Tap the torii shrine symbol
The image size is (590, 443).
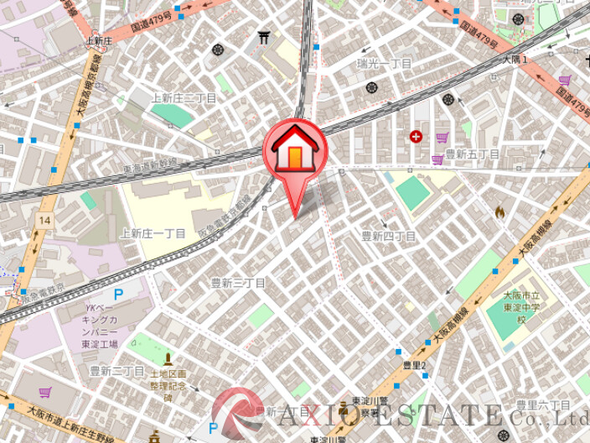(x=264, y=38)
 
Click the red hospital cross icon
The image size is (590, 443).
(x=416, y=136)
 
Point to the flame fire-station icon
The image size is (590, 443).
(x=500, y=212)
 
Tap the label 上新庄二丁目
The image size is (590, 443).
(x=184, y=98)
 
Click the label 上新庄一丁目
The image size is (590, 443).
(x=153, y=233)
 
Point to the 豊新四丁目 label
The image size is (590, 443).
(x=388, y=237)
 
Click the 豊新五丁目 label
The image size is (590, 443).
(x=472, y=154)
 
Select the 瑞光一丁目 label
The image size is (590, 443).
(x=384, y=64)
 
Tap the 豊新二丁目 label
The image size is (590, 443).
(x=116, y=371)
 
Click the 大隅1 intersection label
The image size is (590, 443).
(x=515, y=60)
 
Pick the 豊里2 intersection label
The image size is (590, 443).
(x=414, y=365)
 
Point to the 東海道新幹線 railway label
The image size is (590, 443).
(x=151, y=167)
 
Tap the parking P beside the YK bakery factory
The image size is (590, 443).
(x=118, y=294)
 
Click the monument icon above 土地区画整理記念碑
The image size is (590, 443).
(x=168, y=358)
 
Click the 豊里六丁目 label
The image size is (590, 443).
(x=543, y=405)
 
